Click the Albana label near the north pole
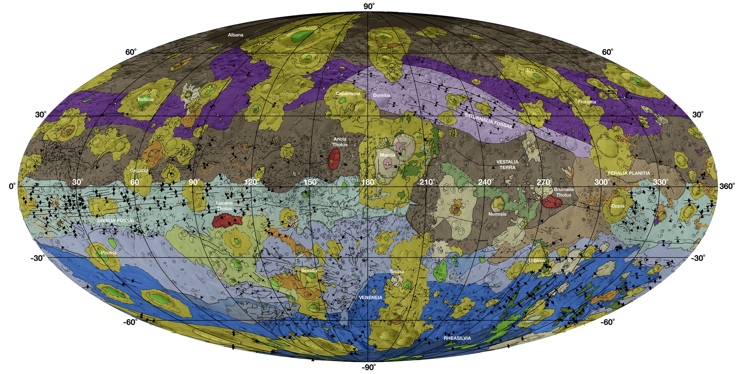[x=236, y=35]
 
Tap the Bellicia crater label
[x=145, y=100]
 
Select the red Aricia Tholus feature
[x=334, y=158]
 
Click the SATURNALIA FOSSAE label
[x=488, y=121]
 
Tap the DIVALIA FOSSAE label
[x=116, y=220]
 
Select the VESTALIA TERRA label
[x=507, y=165]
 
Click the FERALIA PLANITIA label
[x=629, y=173]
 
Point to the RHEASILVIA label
[x=457, y=338]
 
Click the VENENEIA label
[x=370, y=297]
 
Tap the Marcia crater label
[x=387, y=155]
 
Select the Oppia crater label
[x=618, y=206]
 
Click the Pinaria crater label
[x=108, y=253]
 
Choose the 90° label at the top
[x=369, y=6]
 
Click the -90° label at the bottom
[x=369, y=367]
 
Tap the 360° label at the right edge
[x=727, y=186]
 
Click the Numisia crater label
[x=497, y=214]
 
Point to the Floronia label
[x=587, y=102]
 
